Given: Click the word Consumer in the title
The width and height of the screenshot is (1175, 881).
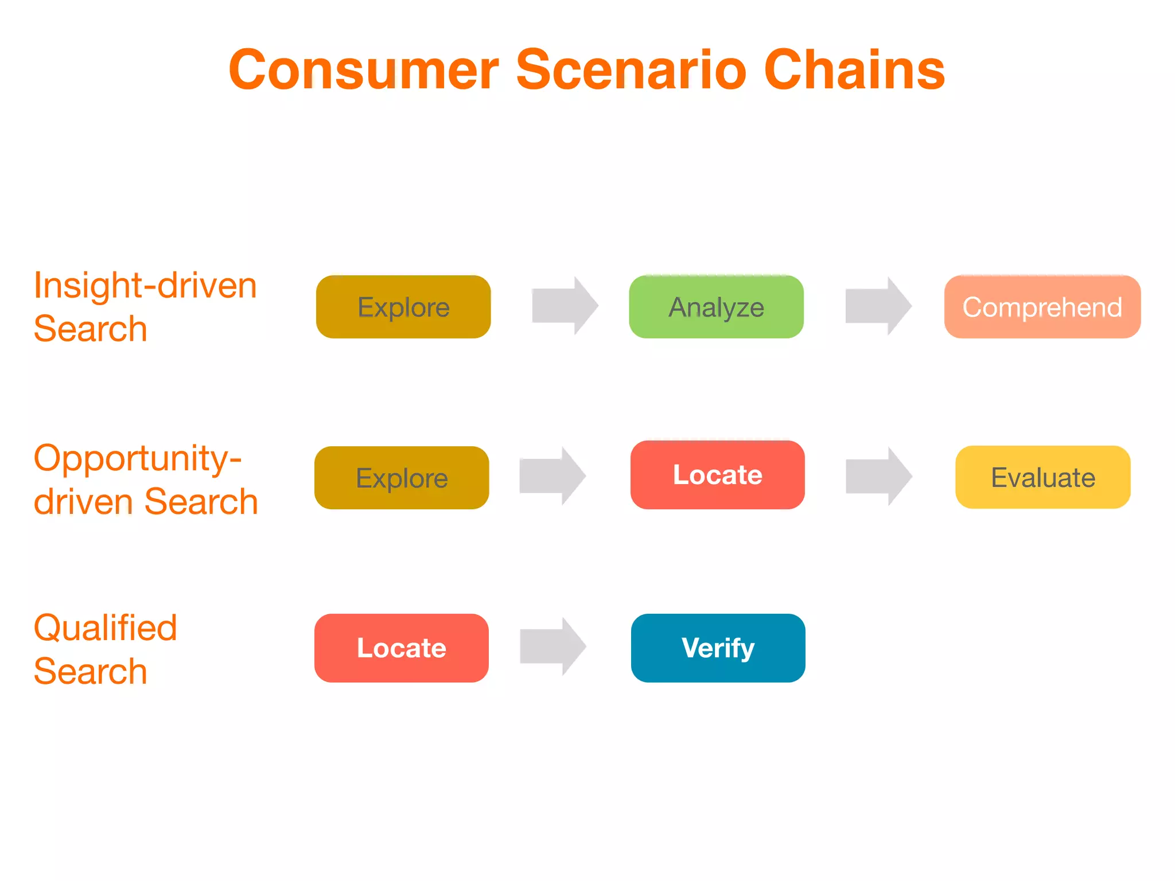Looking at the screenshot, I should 364,70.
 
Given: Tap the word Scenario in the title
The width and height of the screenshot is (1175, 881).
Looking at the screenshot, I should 631,70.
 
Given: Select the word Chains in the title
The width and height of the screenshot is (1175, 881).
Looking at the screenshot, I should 854,70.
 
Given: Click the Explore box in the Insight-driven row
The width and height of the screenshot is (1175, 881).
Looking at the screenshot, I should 403,307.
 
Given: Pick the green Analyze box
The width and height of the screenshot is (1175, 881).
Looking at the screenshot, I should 716,307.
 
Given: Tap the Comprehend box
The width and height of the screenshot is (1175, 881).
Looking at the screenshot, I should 1042,307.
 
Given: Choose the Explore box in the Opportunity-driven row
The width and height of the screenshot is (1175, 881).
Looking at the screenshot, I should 402,478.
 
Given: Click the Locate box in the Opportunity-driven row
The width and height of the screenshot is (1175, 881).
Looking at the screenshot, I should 717,475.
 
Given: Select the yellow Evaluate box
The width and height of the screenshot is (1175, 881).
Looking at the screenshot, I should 1042,477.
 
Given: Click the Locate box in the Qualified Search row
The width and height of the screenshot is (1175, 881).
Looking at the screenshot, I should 401,648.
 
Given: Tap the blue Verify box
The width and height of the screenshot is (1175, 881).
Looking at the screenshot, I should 718,648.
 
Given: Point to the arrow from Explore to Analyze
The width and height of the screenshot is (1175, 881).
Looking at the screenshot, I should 564,306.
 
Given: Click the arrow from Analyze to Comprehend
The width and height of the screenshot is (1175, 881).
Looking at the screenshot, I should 878,306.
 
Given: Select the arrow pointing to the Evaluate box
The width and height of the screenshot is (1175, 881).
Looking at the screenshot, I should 878,476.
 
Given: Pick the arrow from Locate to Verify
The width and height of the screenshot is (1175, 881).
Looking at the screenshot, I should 552,646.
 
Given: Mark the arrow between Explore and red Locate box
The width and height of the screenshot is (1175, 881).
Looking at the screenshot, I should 552,476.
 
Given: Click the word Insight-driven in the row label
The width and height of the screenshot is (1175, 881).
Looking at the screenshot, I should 145,286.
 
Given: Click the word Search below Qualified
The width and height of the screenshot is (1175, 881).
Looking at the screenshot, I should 91,671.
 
